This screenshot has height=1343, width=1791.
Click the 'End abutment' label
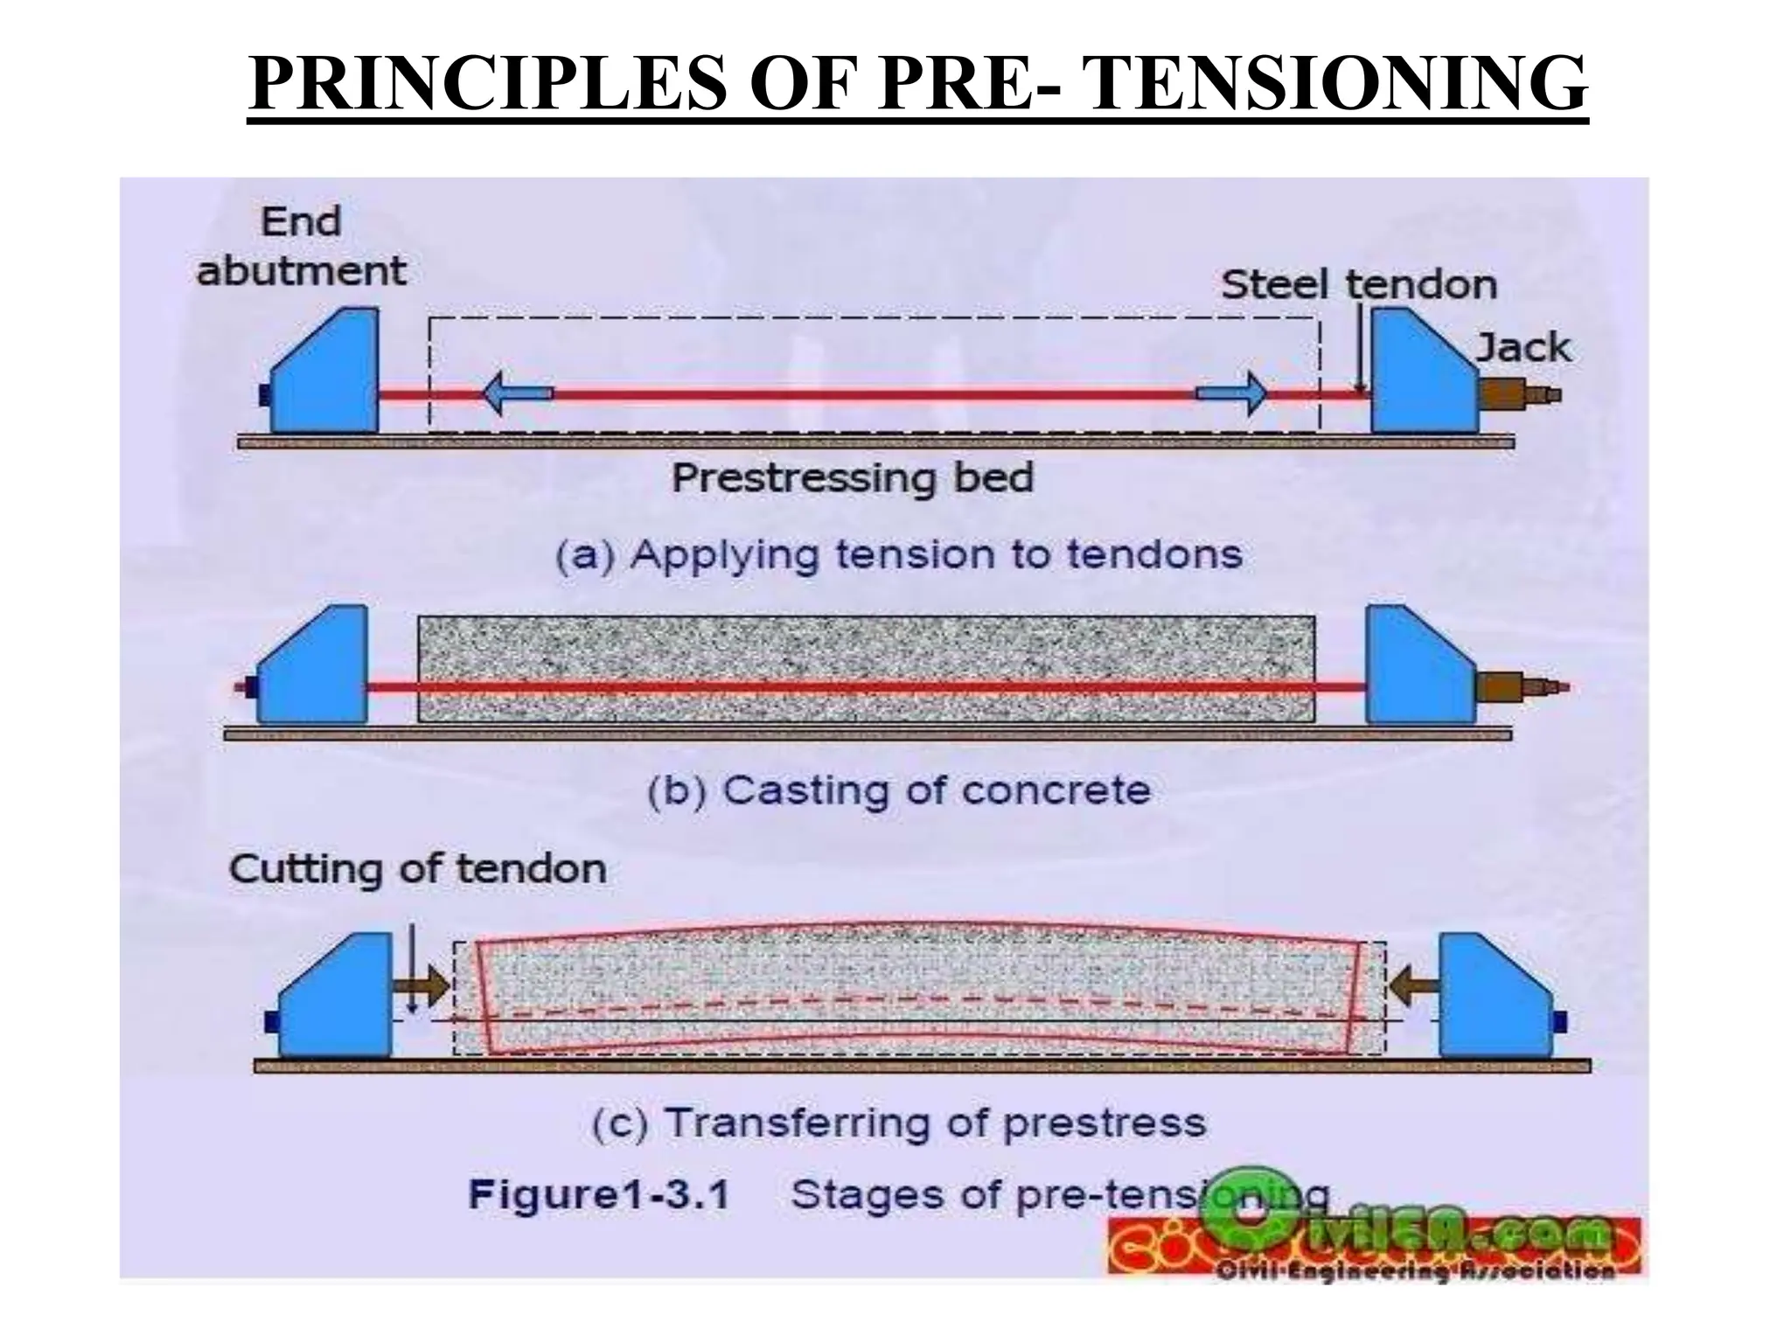301,246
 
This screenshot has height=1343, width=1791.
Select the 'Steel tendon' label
1358,285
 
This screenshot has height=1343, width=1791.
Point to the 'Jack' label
1523,348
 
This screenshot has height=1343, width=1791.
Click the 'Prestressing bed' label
852,478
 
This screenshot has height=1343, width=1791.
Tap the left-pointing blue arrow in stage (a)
517,393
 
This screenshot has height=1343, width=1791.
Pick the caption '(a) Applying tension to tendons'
899,555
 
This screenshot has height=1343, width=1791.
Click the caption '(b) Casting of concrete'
899,790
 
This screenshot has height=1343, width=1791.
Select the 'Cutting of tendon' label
418,869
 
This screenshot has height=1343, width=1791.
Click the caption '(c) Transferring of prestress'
899,1123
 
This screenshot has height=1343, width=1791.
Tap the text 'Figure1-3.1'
599,1194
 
